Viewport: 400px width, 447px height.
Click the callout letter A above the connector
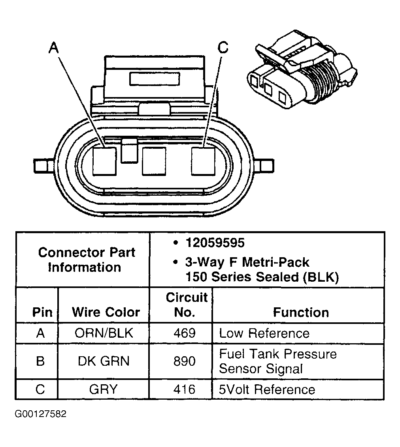[x=54, y=48]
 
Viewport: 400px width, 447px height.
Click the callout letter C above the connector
[x=223, y=48]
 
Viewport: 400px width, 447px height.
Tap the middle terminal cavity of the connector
[x=154, y=161]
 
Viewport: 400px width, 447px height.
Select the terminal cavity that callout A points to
[x=104, y=161]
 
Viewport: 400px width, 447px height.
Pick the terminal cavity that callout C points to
[x=203, y=161]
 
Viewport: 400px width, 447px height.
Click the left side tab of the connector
[x=41, y=165]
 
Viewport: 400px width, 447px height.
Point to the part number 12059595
[x=215, y=243]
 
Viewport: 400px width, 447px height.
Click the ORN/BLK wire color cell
[x=104, y=333]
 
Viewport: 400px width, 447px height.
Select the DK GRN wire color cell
[x=104, y=361]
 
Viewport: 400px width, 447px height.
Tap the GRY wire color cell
[x=104, y=389]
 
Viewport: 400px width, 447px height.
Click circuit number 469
[x=185, y=333]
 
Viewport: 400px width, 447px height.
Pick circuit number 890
[x=185, y=361]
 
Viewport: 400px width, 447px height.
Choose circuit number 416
[x=185, y=389]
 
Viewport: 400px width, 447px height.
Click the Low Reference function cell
[x=264, y=333]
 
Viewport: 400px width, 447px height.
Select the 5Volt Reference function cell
[x=267, y=389]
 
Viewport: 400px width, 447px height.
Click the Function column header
[x=301, y=312]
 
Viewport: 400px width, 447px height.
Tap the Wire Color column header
[x=106, y=312]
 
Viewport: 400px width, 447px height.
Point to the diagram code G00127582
[x=41, y=414]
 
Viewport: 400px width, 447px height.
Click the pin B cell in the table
[x=40, y=361]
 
